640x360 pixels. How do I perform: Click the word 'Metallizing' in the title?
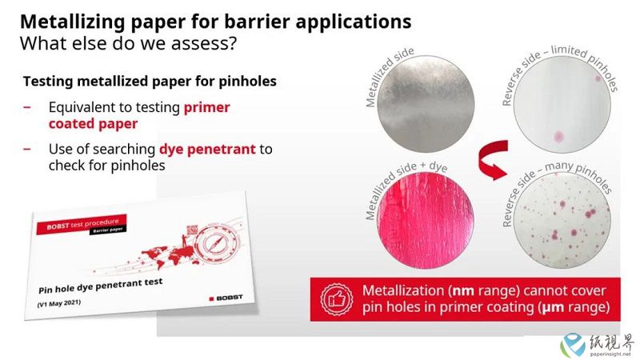(x=72, y=22)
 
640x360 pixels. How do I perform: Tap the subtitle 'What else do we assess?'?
(x=128, y=43)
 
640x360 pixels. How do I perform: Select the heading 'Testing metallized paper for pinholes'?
(x=150, y=82)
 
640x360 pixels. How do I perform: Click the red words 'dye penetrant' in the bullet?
(x=207, y=149)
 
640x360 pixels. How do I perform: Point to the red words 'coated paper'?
(x=93, y=124)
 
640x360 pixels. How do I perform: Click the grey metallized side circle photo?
(x=426, y=104)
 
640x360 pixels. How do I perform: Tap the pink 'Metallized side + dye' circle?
(x=426, y=221)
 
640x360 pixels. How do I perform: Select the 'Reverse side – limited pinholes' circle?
(x=562, y=105)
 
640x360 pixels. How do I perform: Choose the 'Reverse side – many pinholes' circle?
(x=562, y=221)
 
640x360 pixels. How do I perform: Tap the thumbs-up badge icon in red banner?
(x=337, y=299)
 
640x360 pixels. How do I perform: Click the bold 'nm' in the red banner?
(x=463, y=291)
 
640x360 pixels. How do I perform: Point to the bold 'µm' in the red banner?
(x=553, y=307)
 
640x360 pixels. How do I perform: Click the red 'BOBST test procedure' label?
(x=82, y=224)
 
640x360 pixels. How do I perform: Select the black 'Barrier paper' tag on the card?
(x=108, y=230)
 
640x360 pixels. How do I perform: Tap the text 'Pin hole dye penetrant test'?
(x=101, y=286)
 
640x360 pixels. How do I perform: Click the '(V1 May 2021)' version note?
(x=58, y=303)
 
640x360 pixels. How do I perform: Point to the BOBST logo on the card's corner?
(x=226, y=298)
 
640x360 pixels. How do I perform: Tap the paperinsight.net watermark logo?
(x=597, y=345)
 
